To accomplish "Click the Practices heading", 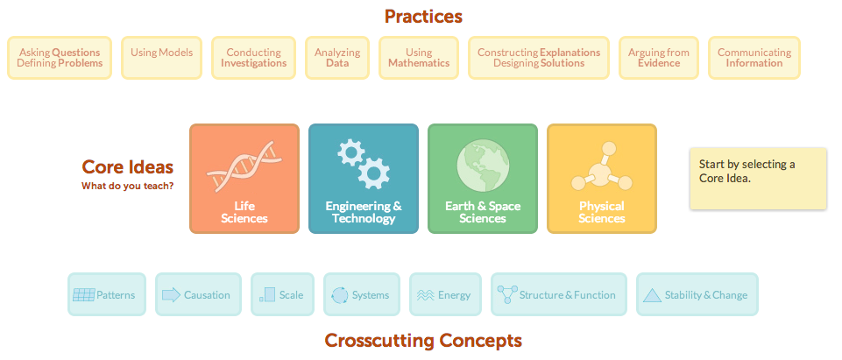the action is (423, 17).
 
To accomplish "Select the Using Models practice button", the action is (161, 58).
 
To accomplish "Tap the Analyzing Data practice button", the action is (337, 58).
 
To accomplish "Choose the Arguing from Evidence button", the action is (658, 58).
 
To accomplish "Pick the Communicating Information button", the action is (754, 58).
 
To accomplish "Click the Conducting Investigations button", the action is (253, 58).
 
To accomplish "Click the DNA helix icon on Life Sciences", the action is (244, 166).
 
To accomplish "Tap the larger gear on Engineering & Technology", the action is (374, 173).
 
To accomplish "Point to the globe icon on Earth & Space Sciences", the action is (482, 166).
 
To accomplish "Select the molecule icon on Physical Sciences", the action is (601, 166).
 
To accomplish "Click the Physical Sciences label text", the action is (601, 212).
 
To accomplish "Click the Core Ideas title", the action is (128, 166).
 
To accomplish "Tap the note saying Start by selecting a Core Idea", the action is (758, 178).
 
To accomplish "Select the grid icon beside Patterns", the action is (84, 294).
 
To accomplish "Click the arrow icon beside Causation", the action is (172, 295).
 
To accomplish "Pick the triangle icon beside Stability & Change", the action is (653, 295).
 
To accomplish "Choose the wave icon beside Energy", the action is (425, 295).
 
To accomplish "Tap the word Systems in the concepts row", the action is (371, 295).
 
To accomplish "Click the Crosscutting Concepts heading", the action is (423, 340).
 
